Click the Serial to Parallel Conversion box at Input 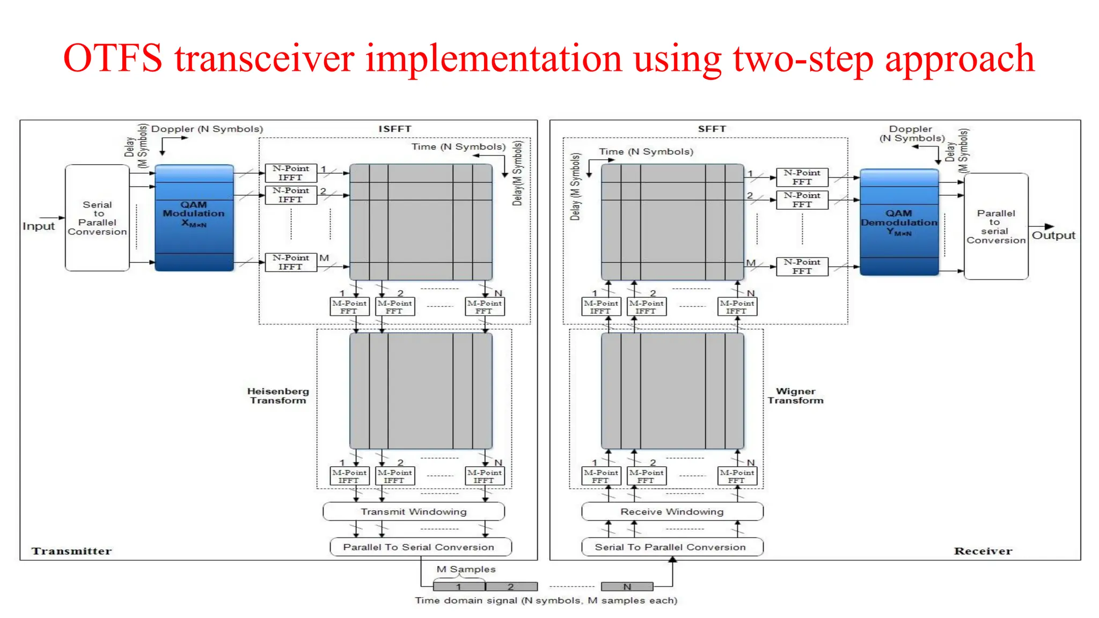pyautogui.click(x=97, y=218)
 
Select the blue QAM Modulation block pyautogui.click(x=194, y=218)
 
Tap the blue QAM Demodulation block pyautogui.click(x=899, y=222)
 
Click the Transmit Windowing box pyautogui.click(x=414, y=512)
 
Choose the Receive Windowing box pyautogui.click(x=672, y=512)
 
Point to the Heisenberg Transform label pyautogui.click(x=278, y=396)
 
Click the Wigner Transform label pyautogui.click(x=795, y=396)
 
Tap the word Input pyautogui.click(x=39, y=226)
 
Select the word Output pyautogui.click(x=1053, y=236)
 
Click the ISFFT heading pyautogui.click(x=394, y=129)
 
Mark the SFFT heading pyautogui.click(x=712, y=129)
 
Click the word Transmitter pyautogui.click(x=71, y=551)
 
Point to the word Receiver pyautogui.click(x=983, y=551)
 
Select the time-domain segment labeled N pyautogui.click(x=627, y=587)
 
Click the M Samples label pyautogui.click(x=466, y=569)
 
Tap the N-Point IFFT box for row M pyautogui.click(x=291, y=262)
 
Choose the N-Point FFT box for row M pyautogui.click(x=802, y=267)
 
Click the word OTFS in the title pyautogui.click(x=113, y=58)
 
